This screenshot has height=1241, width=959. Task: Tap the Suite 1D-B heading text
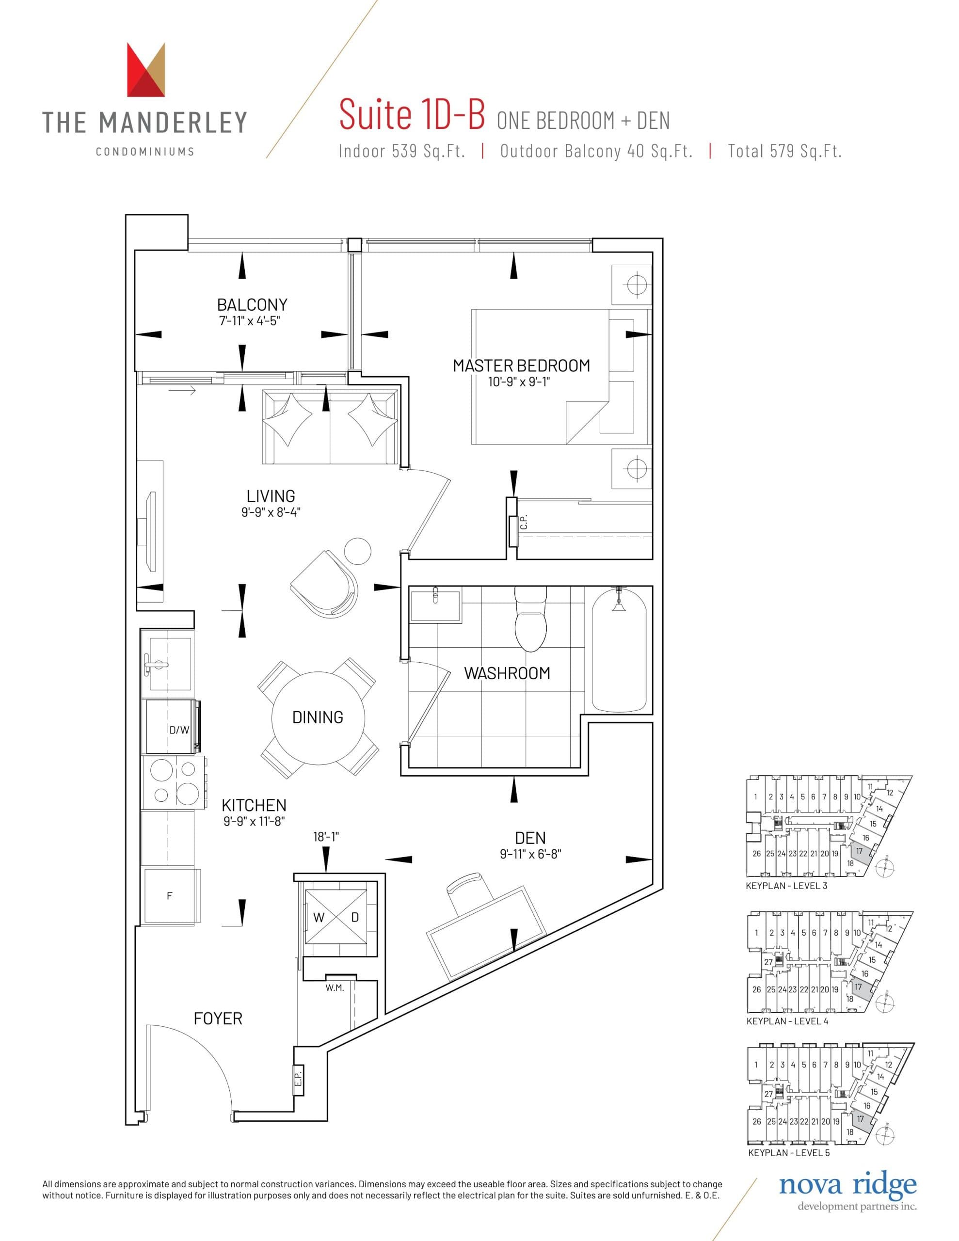click(412, 115)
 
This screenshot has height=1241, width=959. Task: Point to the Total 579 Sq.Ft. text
click(784, 151)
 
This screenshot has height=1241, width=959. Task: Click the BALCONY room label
click(252, 304)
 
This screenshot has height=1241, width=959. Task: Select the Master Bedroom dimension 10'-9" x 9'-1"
click(519, 382)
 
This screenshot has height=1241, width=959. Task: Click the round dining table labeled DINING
click(317, 717)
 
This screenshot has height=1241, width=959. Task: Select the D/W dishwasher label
click(179, 730)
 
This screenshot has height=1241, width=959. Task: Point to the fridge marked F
click(169, 896)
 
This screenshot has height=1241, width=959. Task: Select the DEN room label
click(530, 838)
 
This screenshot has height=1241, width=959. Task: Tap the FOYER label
click(218, 1018)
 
